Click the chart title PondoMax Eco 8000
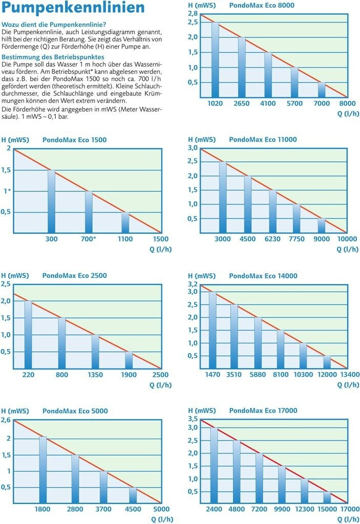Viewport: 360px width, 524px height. point(262,6)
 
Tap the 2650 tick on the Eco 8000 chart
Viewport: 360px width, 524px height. point(241,103)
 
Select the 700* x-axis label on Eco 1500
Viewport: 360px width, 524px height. point(89,239)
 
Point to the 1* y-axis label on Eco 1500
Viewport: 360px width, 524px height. point(8,191)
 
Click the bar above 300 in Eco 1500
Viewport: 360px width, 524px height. point(51,201)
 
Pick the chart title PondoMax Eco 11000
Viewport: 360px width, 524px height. point(263,139)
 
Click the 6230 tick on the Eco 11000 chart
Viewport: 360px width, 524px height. point(272,239)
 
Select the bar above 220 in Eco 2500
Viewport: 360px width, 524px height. point(28,334)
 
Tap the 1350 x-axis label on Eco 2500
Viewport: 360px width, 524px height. point(95,375)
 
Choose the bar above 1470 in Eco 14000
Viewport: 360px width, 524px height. point(213,330)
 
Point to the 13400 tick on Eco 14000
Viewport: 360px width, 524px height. point(350,375)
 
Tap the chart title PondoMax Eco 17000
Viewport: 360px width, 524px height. point(263,410)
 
